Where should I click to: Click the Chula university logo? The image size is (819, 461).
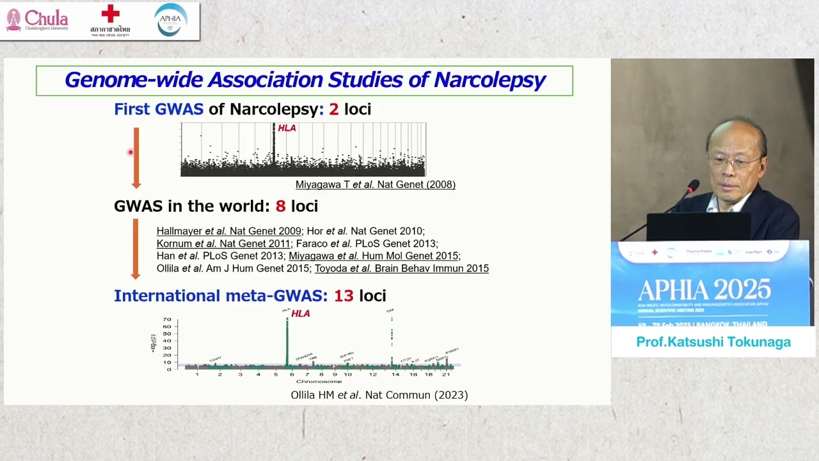(37, 20)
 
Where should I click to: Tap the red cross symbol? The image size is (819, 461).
(110, 14)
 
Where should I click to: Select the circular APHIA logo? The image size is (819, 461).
(171, 20)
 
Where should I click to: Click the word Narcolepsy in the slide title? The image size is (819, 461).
(489, 80)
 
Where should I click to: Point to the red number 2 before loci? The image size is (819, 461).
(333, 109)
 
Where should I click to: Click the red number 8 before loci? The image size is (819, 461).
(280, 206)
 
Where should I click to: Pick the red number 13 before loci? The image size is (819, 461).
(344, 296)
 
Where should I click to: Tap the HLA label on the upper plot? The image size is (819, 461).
(287, 128)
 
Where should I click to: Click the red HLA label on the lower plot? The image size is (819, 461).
(300, 314)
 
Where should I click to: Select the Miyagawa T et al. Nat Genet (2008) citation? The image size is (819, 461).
(375, 184)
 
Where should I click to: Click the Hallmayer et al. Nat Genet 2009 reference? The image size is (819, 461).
(228, 231)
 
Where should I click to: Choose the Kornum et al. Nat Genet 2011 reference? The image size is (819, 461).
(223, 244)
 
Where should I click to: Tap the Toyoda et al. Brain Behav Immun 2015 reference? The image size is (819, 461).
(401, 268)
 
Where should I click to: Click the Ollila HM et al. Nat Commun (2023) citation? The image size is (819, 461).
(379, 395)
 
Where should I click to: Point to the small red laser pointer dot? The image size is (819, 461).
(130, 152)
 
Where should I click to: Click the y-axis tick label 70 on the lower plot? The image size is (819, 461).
(166, 319)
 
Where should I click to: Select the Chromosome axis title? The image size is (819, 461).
(319, 382)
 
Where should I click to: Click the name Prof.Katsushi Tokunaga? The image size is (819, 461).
(713, 342)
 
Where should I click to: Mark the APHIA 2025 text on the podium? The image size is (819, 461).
(703, 291)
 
